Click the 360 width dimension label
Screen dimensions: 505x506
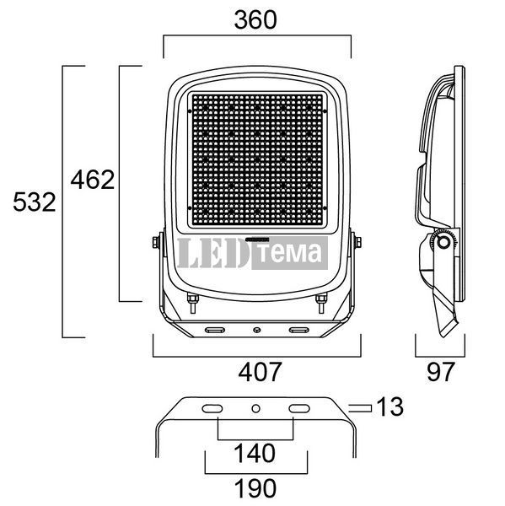tap(255, 20)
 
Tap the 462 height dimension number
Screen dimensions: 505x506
tap(93, 180)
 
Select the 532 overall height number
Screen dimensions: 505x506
tap(35, 202)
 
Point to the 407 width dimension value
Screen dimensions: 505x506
tap(260, 372)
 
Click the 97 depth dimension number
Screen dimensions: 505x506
tap(441, 372)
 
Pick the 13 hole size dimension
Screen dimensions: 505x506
tap(389, 406)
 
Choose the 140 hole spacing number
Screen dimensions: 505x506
tap(255, 454)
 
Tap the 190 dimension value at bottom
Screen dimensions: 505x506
tap(255, 488)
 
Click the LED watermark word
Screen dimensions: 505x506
tap(213, 253)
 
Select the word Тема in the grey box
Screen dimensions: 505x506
tap(290, 253)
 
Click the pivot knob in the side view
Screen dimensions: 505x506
tap(444, 242)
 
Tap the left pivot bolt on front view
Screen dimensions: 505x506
tap(157, 242)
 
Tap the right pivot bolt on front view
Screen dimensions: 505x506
tap(357, 242)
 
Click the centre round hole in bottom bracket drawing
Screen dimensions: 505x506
tap(256, 409)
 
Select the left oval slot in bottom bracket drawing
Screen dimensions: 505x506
tap(212, 409)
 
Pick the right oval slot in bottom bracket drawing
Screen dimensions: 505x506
tap(299, 409)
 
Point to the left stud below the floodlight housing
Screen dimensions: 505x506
tap(193, 303)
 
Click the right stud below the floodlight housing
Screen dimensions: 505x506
tap(321, 303)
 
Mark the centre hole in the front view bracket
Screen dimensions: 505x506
tap(257, 330)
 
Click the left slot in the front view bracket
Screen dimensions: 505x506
tap(215, 330)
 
